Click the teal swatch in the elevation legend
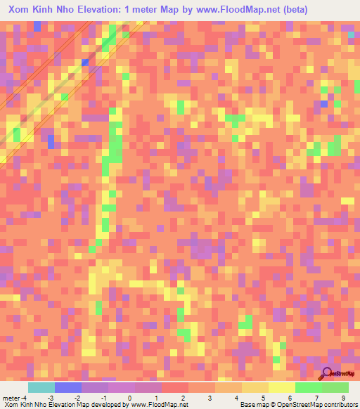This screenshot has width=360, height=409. point(41,387)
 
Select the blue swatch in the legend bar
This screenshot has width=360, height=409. point(67,387)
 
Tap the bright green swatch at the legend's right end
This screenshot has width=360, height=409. point(335,387)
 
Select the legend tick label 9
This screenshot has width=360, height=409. point(345,397)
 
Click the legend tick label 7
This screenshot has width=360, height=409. point(318,397)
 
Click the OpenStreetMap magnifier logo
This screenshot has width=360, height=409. point(328,373)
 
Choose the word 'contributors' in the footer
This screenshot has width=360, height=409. point(337,405)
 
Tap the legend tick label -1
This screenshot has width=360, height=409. point(103,397)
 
